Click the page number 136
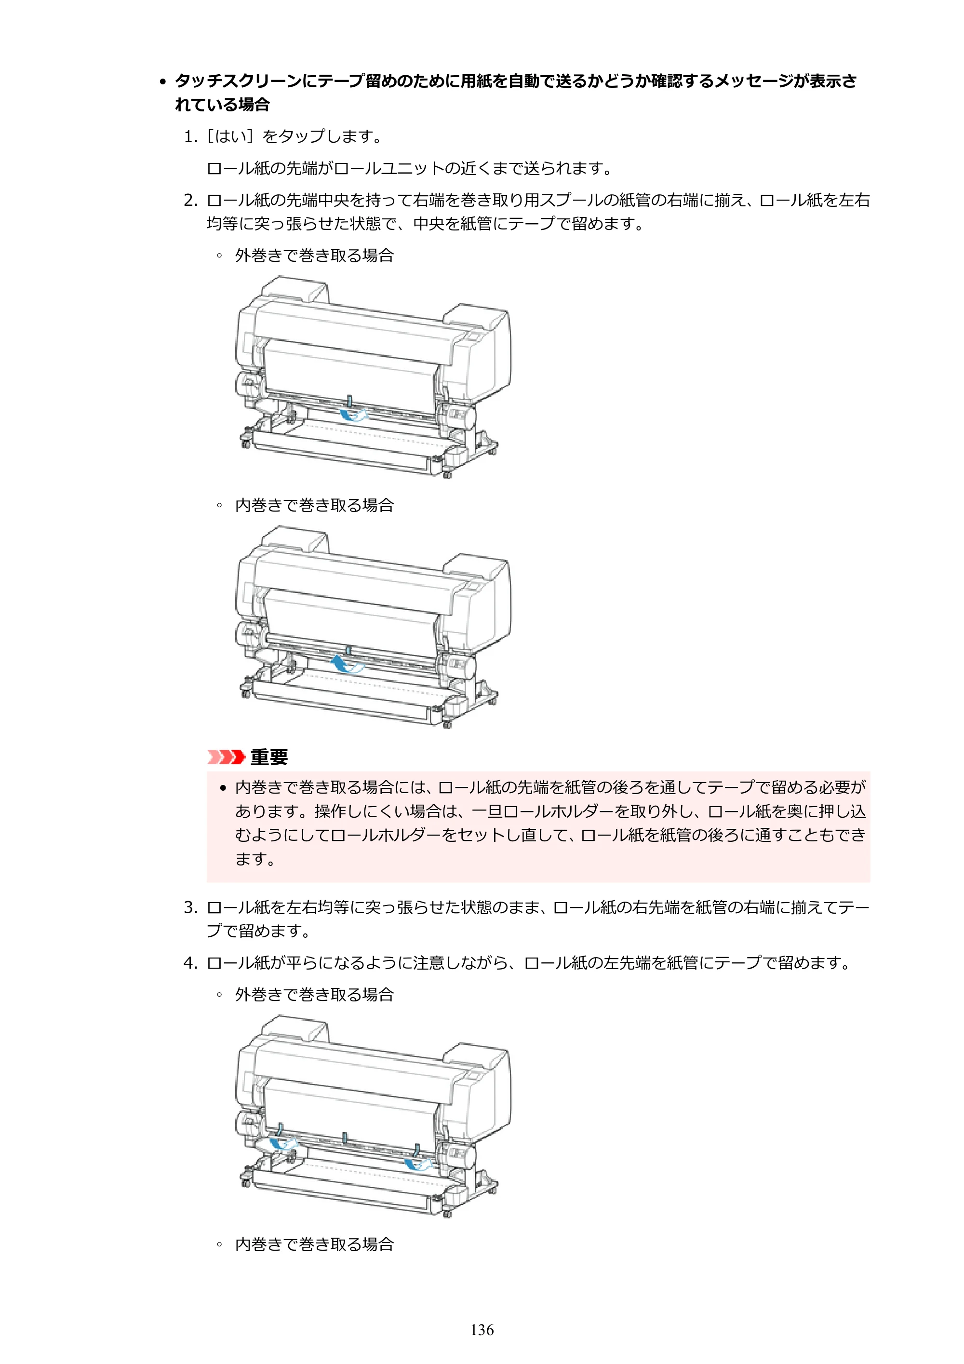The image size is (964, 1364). (x=482, y=1330)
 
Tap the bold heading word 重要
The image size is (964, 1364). (x=269, y=757)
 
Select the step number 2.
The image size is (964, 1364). (x=190, y=200)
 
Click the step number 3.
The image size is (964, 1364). (x=190, y=907)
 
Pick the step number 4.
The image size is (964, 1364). (x=190, y=962)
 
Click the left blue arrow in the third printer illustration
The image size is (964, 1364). (x=283, y=1144)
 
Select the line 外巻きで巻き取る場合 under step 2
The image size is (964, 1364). (x=314, y=256)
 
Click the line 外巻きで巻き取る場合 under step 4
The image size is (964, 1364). (x=314, y=995)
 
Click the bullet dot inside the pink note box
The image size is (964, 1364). (x=223, y=788)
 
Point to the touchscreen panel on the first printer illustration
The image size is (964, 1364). (x=473, y=337)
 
